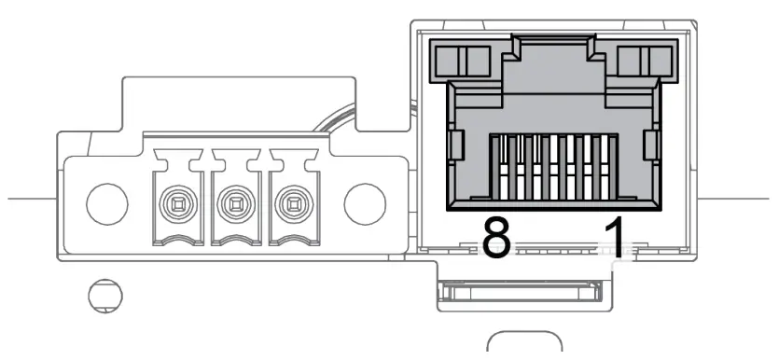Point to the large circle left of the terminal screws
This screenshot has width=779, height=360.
104,201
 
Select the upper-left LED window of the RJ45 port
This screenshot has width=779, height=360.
462,62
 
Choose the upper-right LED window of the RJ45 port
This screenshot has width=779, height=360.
644,62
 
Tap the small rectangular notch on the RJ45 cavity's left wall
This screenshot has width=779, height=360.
456,145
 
